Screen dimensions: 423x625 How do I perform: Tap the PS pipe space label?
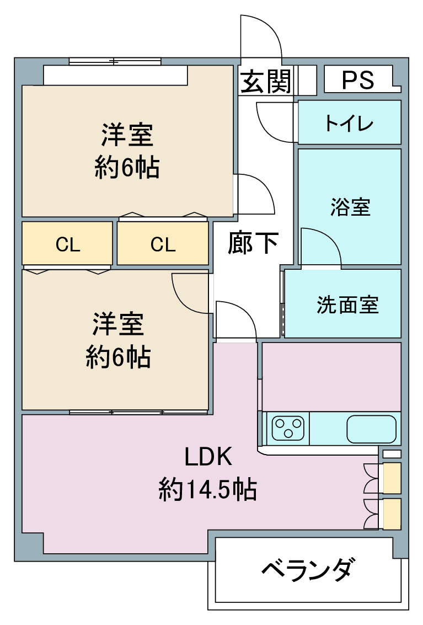[358, 80]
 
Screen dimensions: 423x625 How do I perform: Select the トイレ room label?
[349, 123]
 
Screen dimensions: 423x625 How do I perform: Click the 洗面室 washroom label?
[347, 305]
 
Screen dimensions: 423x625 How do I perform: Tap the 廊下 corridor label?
[253, 242]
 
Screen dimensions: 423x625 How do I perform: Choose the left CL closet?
[67, 243]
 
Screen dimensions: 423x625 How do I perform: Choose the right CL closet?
[163, 243]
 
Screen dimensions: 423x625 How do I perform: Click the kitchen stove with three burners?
[288, 429]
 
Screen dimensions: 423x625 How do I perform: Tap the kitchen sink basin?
[372, 429]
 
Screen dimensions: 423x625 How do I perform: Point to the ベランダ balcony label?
[307, 569]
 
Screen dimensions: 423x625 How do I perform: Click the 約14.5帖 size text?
[208, 489]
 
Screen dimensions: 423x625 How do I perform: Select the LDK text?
[208, 457]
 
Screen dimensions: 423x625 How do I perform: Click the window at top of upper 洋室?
[115, 61]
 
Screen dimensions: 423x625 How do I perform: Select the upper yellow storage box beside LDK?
[392, 478]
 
